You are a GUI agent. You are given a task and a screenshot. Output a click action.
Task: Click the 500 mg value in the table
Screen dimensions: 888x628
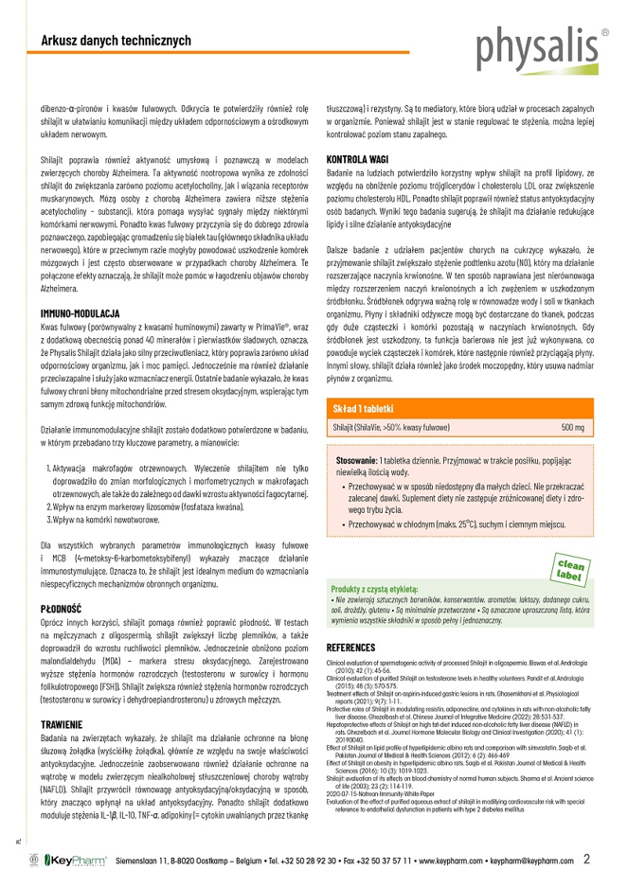point(572,428)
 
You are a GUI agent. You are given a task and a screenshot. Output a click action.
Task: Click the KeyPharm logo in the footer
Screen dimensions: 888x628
point(72,861)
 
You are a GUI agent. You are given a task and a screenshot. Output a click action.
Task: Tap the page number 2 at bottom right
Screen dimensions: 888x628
point(587,860)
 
